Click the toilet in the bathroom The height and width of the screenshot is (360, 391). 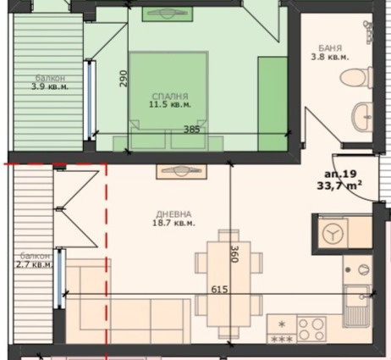click(x=356, y=78)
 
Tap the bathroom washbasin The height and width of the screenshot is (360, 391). click(x=362, y=117)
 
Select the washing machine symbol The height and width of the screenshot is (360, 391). click(x=333, y=234)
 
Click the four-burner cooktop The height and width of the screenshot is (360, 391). click(x=311, y=329)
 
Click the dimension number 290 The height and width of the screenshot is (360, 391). click(x=124, y=78)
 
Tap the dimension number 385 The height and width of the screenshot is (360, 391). click(x=192, y=130)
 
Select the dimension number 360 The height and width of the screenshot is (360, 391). click(x=234, y=254)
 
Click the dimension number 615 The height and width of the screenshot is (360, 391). click(x=219, y=290)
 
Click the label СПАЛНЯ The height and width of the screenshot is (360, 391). click(x=170, y=97)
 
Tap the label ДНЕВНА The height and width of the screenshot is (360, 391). click(x=173, y=214)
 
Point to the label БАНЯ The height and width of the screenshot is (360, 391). click(x=330, y=48)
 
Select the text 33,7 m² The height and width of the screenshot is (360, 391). click(x=339, y=186)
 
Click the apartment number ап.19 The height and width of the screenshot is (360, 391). click(x=340, y=174)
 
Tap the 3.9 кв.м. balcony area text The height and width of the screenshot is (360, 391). click(x=50, y=86)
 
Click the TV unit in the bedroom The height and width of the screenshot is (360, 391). click(x=168, y=14)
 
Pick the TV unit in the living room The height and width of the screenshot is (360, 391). click(x=182, y=171)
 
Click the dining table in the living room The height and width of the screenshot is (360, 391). click(x=229, y=284)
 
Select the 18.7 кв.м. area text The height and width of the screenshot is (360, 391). click(x=173, y=223)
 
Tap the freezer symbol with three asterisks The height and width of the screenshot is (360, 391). click(x=282, y=339)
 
